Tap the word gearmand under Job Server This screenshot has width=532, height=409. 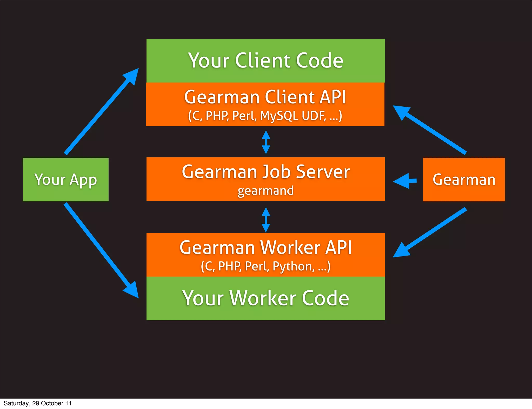tap(265, 191)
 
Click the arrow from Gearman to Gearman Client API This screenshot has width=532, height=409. tap(430, 130)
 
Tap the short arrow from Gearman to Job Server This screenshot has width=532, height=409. tap(405, 181)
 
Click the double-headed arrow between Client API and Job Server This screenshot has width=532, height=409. tap(266, 142)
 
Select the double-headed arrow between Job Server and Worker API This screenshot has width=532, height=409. tap(266, 220)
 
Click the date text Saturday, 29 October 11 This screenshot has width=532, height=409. tap(38, 403)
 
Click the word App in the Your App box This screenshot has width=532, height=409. tap(83, 180)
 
